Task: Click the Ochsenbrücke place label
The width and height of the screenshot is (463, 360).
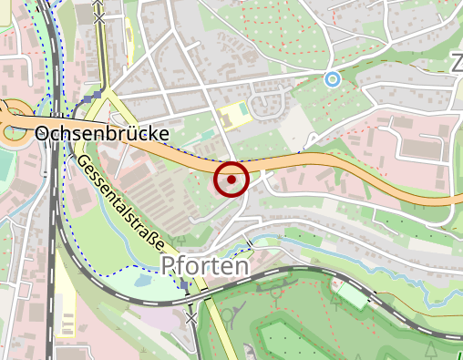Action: click(x=102, y=133)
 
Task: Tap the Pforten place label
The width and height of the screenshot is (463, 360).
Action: click(x=205, y=265)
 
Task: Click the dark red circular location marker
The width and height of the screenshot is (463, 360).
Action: click(x=232, y=180)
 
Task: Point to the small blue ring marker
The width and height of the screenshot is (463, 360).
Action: click(x=333, y=79)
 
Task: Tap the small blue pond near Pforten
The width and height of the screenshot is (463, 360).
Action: click(x=141, y=281)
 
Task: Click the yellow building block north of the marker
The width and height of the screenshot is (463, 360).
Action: click(x=233, y=116)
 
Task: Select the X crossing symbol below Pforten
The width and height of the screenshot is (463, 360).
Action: click(x=190, y=318)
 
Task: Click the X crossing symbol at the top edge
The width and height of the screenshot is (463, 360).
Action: click(x=98, y=15)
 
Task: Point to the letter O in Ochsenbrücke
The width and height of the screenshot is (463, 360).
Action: click(x=43, y=133)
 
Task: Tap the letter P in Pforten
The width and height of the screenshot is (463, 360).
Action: click(x=168, y=265)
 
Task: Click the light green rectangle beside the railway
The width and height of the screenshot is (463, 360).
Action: click(x=356, y=297)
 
